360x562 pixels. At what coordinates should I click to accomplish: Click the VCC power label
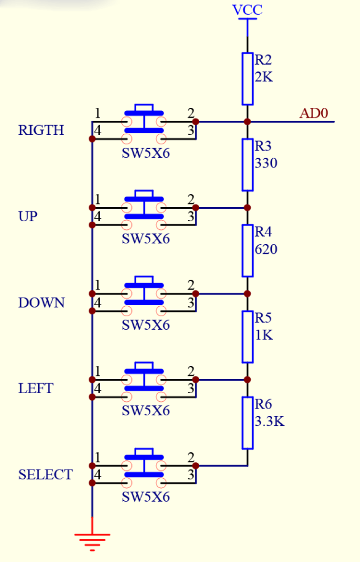point(247,10)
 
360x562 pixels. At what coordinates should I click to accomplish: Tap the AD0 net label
point(314,113)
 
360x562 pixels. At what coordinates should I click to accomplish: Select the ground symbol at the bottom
point(92,541)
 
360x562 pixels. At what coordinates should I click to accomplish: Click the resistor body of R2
point(247,78)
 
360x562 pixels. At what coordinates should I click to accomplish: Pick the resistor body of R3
point(247,165)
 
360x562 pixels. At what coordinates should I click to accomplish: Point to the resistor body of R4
point(247,250)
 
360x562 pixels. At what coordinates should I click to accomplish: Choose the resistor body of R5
point(247,336)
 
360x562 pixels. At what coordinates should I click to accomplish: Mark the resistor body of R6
point(247,423)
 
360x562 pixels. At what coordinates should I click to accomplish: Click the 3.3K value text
point(269,422)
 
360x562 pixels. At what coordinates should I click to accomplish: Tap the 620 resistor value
point(266,250)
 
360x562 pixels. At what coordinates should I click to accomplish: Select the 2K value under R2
point(263,78)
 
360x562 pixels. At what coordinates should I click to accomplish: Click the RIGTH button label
point(41,131)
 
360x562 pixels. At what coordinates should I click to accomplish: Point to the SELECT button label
point(45,475)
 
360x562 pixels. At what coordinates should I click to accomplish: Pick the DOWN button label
point(41,303)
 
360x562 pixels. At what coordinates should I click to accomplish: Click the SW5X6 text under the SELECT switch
point(145,497)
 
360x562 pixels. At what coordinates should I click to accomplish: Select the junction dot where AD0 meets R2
point(247,121)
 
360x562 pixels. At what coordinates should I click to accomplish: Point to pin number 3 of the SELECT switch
point(191,476)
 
